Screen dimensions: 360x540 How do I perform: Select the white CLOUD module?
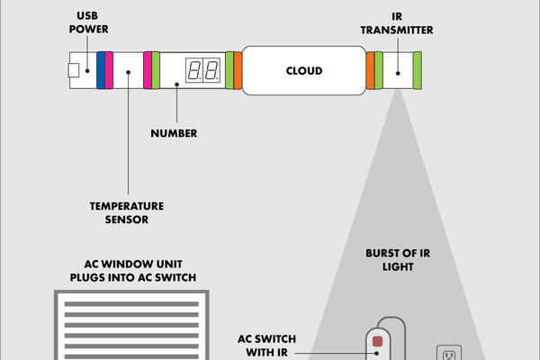303,70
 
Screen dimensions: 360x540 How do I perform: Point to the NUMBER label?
174,134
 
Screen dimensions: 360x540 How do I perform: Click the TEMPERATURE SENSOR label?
120,212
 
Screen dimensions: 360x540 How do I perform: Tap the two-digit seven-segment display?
202,70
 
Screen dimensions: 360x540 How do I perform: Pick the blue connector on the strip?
101,70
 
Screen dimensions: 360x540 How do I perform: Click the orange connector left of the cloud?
238,70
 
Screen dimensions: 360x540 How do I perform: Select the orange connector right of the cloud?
370,70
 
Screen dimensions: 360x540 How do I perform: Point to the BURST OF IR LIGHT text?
398,260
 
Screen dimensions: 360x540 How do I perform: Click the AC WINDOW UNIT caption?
133,272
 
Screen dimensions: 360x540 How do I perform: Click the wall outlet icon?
447,353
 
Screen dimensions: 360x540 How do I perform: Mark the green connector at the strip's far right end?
418,70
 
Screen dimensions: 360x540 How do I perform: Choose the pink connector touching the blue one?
109,70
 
